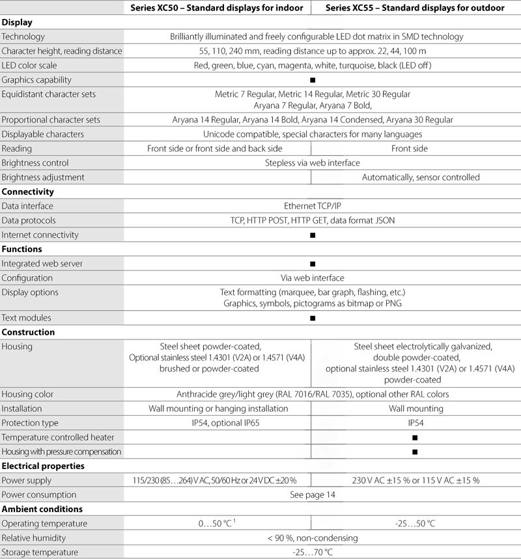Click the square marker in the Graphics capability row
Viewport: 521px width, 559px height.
(x=313, y=80)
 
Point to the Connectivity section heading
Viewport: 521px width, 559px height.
(x=28, y=192)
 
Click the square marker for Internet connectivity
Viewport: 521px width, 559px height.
(x=313, y=235)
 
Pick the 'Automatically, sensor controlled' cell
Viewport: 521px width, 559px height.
(x=421, y=177)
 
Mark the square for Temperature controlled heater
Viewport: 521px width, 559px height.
(x=415, y=438)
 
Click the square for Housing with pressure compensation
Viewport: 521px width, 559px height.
(x=415, y=451)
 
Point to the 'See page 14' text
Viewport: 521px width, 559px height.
(x=312, y=495)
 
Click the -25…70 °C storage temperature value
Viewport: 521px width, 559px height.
(x=312, y=552)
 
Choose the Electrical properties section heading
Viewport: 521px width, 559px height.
(x=42, y=466)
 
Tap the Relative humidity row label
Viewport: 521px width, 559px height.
(x=36, y=538)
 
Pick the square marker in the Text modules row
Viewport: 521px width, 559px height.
(x=313, y=319)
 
